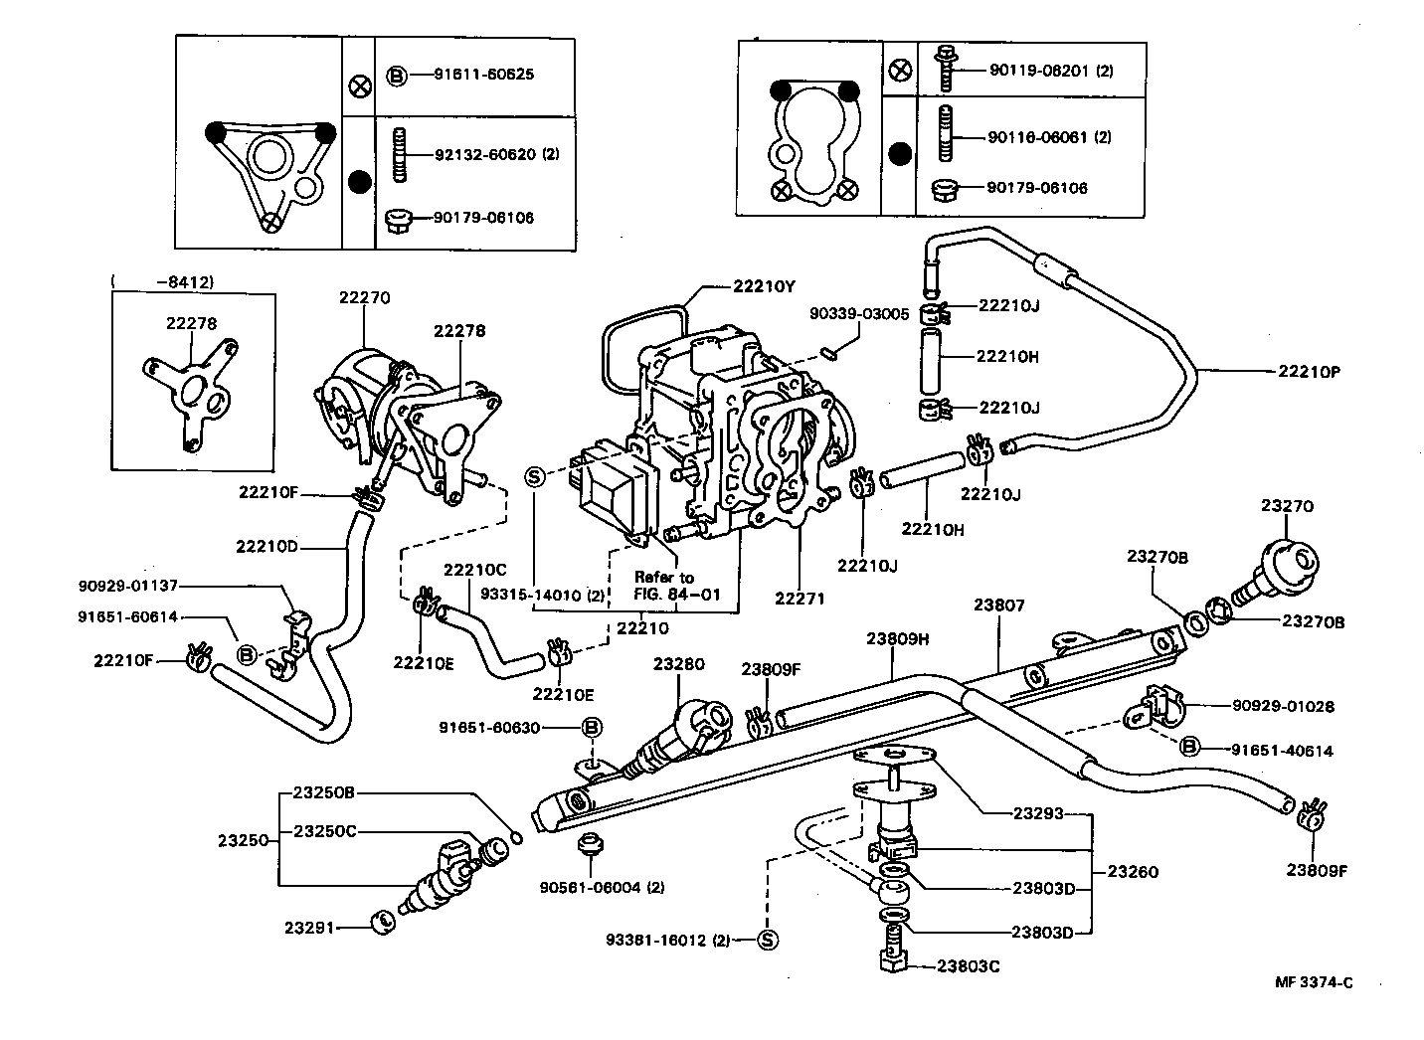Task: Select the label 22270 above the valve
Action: [x=365, y=297]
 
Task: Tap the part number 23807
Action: [x=998, y=605]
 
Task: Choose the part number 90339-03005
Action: [x=859, y=314]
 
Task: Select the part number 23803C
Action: [x=968, y=965]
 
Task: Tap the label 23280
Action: [x=678, y=663]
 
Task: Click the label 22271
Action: [x=801, y=599]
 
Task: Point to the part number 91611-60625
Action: [x=484, y=75]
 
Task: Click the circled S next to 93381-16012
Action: [x=767, y=940]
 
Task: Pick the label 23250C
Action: [x=324, y=830]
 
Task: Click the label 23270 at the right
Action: [x=1287, y=506]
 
